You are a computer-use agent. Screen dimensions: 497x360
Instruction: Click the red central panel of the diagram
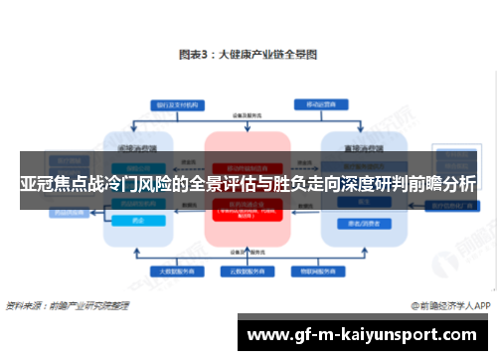(x=247, y=219)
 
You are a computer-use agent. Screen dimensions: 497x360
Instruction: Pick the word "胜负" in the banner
(x=300, y=184)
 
